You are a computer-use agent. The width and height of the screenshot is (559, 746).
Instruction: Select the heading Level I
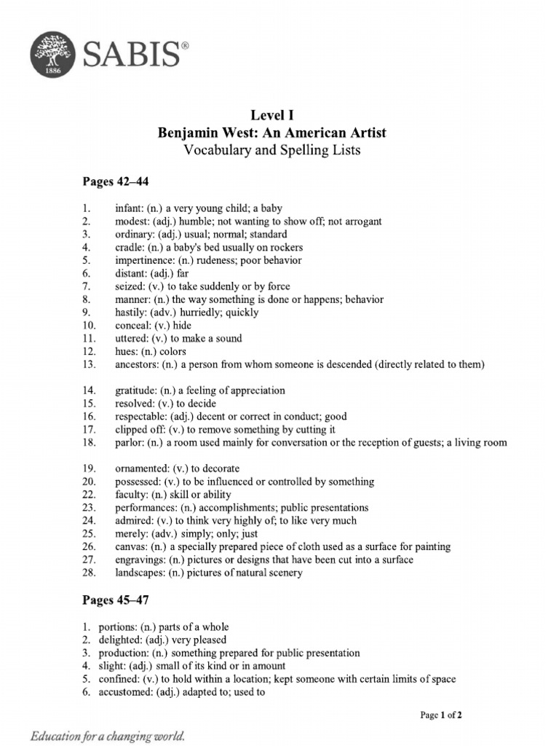point(272,115)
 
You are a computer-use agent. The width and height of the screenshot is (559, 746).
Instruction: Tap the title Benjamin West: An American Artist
point(272,133)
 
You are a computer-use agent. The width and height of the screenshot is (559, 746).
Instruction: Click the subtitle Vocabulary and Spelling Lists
point(272,151)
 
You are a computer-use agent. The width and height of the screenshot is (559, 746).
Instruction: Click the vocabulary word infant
point(128,208)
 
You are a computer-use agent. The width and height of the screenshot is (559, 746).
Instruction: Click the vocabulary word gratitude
point(135,390)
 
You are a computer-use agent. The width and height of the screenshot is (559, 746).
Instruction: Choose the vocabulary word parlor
point(129,443)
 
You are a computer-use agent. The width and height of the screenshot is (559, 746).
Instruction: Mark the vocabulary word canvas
point(130,546)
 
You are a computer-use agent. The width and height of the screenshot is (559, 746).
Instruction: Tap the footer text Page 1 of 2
point(441,715)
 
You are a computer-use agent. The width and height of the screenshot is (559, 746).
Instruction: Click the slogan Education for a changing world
point(108,736)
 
